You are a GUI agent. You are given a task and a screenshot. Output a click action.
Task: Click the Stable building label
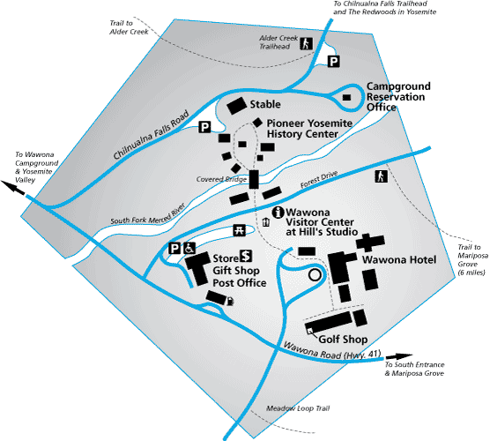[265, 104]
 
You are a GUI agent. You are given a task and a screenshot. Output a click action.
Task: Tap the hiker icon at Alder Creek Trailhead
[307, 43]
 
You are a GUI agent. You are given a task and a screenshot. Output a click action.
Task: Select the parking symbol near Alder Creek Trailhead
[334, 61]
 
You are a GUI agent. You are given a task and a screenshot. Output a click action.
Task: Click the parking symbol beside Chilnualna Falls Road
[204, 127]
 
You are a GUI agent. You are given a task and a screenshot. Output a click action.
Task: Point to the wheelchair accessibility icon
[189, 249]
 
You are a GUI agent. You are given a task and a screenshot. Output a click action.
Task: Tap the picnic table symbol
[240, 230]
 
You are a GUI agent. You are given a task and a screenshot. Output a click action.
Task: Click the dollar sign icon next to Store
[246, 256]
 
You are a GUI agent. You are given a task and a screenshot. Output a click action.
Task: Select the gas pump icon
[230, 301]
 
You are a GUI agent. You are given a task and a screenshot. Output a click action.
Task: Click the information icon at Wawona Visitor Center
[278, 213]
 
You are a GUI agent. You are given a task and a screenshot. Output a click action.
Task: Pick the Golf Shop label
[343, 340]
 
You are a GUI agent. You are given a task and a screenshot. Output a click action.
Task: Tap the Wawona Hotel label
[399, 259]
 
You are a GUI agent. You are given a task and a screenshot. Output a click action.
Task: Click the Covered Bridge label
[221, 179]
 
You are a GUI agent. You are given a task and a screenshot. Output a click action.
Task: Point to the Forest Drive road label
[319, 180]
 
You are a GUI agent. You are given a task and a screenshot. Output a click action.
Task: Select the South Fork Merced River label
[148, 215]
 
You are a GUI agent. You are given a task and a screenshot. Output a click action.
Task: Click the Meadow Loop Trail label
[298, 408]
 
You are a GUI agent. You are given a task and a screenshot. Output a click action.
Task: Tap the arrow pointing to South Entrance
[399, 356]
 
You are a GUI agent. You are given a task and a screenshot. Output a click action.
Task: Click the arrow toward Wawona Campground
[13, 188]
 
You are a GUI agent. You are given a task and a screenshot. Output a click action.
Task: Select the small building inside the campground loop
[346, 97]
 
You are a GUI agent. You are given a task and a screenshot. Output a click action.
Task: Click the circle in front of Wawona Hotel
[315, 275]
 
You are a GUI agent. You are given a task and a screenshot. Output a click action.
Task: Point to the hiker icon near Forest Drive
[381, 176]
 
